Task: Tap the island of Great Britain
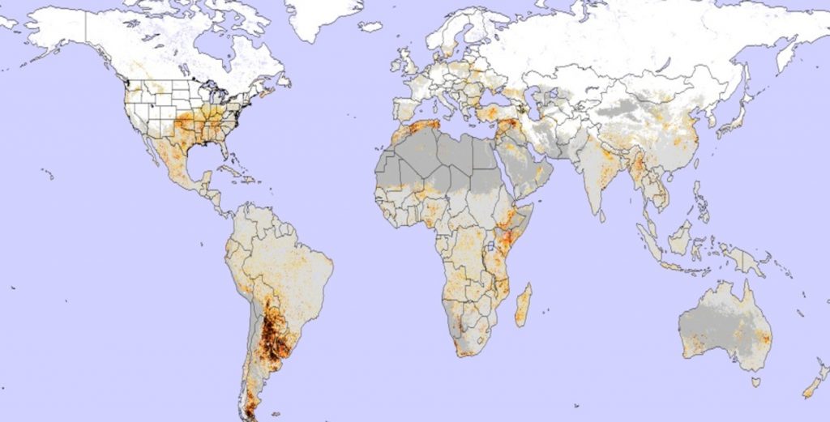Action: [x=411, y=63]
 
